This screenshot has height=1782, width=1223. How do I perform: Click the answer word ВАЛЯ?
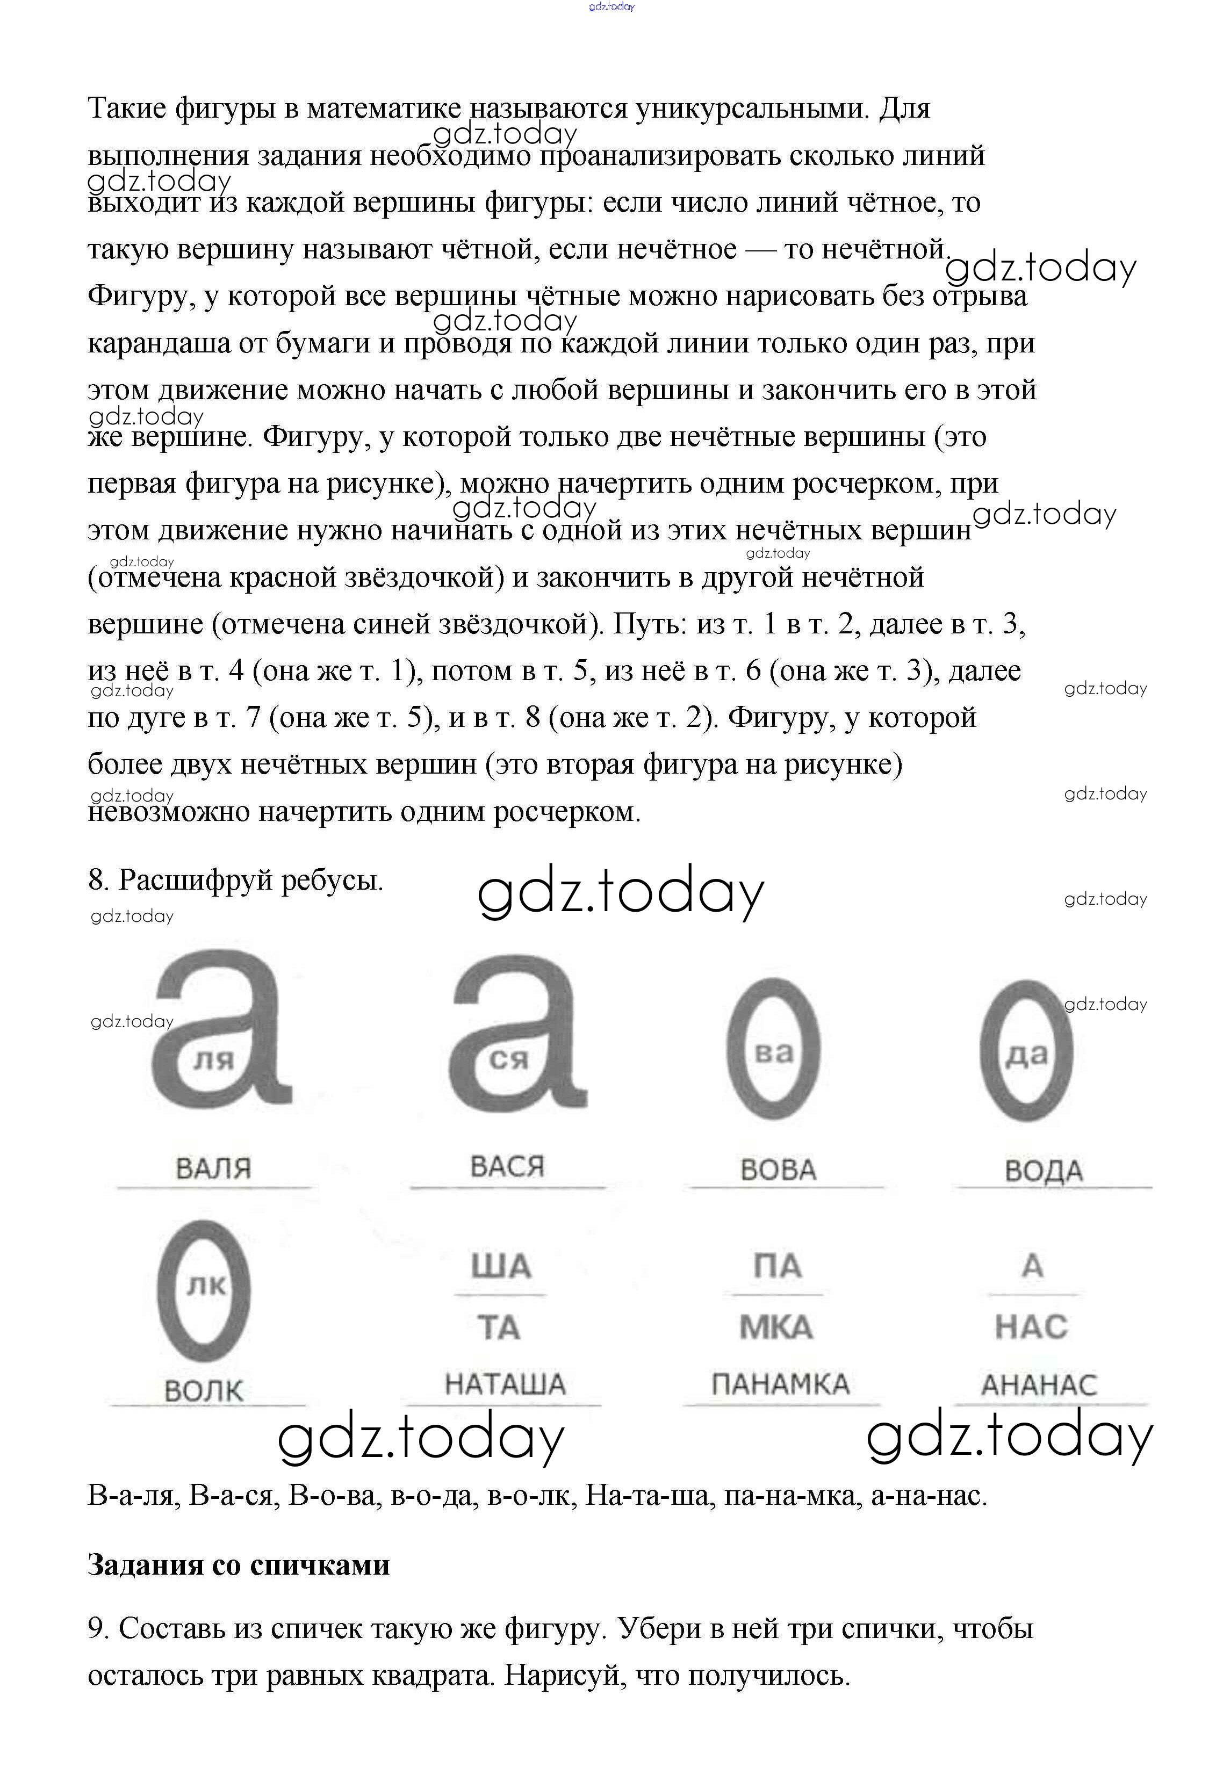tap(213, 1168)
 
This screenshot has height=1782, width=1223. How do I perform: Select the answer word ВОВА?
tap(778, 1170)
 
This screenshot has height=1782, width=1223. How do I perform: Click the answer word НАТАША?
tap(505, 1384)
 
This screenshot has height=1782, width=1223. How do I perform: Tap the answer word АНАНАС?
tap(1039, 1385)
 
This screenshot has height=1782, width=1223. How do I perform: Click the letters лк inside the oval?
tap(206, 1285)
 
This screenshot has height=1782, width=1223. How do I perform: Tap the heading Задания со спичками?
tap(239, 1564)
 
